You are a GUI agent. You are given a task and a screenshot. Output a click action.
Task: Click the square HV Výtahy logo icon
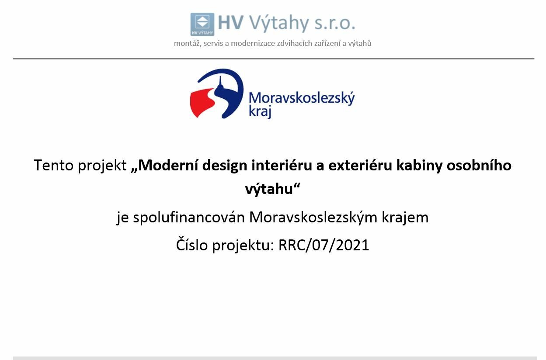tap(202, 24)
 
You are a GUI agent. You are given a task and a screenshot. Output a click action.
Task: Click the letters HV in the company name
tap(230, 23)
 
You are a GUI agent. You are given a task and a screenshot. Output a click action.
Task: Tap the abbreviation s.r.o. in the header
tap(335, 24)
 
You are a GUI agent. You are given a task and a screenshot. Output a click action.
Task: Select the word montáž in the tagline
tap(188, 43)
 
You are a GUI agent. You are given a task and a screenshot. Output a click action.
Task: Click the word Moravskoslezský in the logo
tap(302, 99)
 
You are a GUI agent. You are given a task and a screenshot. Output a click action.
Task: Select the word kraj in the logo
tap(260, 112)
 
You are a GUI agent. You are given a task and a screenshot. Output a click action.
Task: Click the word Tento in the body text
tap(54, 165)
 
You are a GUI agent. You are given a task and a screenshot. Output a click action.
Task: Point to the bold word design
tap(225, 166)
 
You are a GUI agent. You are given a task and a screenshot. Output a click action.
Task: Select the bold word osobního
tap(479, 165)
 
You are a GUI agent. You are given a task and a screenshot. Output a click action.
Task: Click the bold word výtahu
tap(269, 189)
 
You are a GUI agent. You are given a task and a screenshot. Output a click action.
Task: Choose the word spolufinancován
tap(189, 217)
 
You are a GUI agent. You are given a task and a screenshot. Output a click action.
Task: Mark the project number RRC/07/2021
tap(323, 245)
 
